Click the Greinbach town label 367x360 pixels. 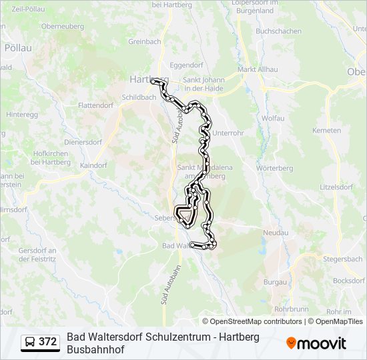click(145, 41)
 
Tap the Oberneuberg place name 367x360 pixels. click(61, 26)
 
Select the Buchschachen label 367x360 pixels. click(278, 31)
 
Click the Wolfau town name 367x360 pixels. click(273, 117)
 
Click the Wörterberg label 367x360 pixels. click(275, 169)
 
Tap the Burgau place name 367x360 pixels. click(275, 283)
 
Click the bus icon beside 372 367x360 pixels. click(31, 343)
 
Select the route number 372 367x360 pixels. click(48, 343)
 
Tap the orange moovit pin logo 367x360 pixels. click(292, 343)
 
